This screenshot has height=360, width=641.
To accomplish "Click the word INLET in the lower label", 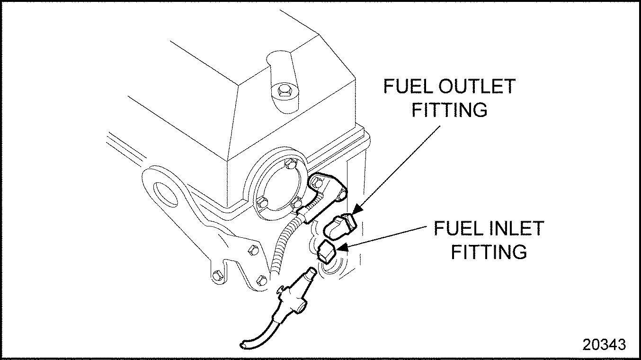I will point(517,229).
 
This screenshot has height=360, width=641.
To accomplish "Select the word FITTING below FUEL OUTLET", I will point(449,110).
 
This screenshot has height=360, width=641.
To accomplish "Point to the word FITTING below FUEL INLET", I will point(489,252).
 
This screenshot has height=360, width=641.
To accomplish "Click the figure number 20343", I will point(604,344).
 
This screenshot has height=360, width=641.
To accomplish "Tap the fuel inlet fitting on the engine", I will point(328,251).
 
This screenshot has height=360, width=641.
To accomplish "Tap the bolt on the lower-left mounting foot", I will point(217,274).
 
